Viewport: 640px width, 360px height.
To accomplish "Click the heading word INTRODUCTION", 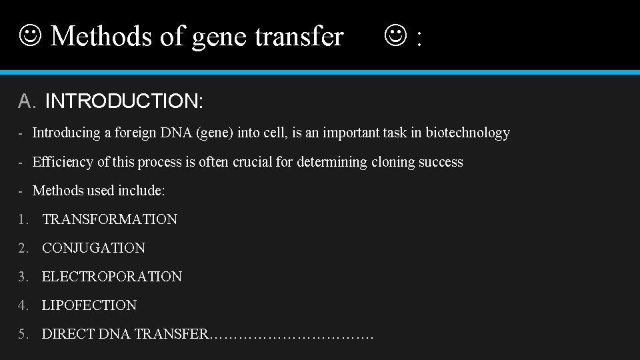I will pyautogui.click(x=124, y=101).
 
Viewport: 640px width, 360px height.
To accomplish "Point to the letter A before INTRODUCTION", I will pyautogui.click(x=25, y=101).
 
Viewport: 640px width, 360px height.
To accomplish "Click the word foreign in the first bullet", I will pyautogui.click(x=136, y=133).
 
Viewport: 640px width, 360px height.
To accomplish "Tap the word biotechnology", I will pyautogui.click(x=467, y=133).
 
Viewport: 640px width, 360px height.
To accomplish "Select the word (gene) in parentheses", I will pyautogui.click(x=215, y=133).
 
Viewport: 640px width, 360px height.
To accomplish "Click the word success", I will pyautogui.click(x=438, y=162).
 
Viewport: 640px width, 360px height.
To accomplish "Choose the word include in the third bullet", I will pyautogui.click(x=141, y=191).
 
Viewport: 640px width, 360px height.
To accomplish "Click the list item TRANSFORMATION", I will pyautogui.click(x=109, y=219).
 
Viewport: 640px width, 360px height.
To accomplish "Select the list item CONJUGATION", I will pyautogui.click(x=93, y=248).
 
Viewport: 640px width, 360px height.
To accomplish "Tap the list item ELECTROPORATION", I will pyautogui.click(x=111, y=277).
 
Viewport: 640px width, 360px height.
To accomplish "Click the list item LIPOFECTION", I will pyautogui.click(x=89, y=305).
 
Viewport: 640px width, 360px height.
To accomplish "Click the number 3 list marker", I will pyautogui.click(x=23, y=277).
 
